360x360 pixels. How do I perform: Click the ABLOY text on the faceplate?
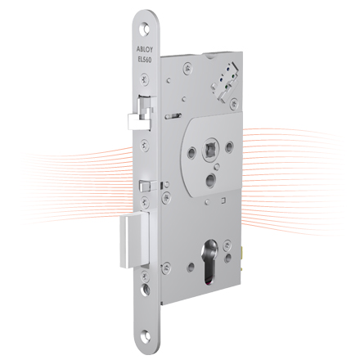(145, 50)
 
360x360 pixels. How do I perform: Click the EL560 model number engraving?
(145, 60)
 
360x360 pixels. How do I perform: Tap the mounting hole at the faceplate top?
(145, 29)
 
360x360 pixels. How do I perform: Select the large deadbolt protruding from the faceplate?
(134, 241)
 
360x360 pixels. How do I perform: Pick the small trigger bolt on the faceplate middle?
(148, 186)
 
